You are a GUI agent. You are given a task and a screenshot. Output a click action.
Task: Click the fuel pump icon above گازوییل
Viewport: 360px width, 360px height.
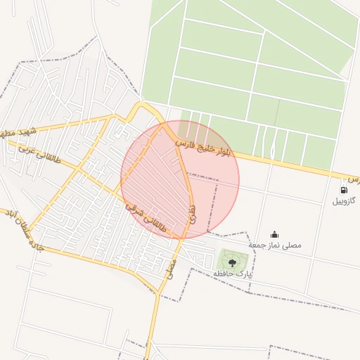pos(343,190)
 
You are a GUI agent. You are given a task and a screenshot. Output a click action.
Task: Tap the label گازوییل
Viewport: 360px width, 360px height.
pos(345,201)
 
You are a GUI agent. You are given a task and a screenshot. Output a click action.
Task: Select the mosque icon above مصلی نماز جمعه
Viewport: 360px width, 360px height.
pos(274,235)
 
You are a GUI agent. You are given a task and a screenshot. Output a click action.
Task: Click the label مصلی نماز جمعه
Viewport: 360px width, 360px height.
pos(275,245)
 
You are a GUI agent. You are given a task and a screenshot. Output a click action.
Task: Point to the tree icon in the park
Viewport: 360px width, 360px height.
pos(232,262)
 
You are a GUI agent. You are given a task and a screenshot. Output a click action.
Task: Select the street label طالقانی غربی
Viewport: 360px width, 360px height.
pos(39,156)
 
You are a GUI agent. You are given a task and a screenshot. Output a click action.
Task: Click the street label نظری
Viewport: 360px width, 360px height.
pos(192,214)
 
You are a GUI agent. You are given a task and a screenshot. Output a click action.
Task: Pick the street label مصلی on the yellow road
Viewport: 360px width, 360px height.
pos(169,266)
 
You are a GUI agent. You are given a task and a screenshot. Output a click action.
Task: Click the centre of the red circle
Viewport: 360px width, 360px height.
pos(180,179)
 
